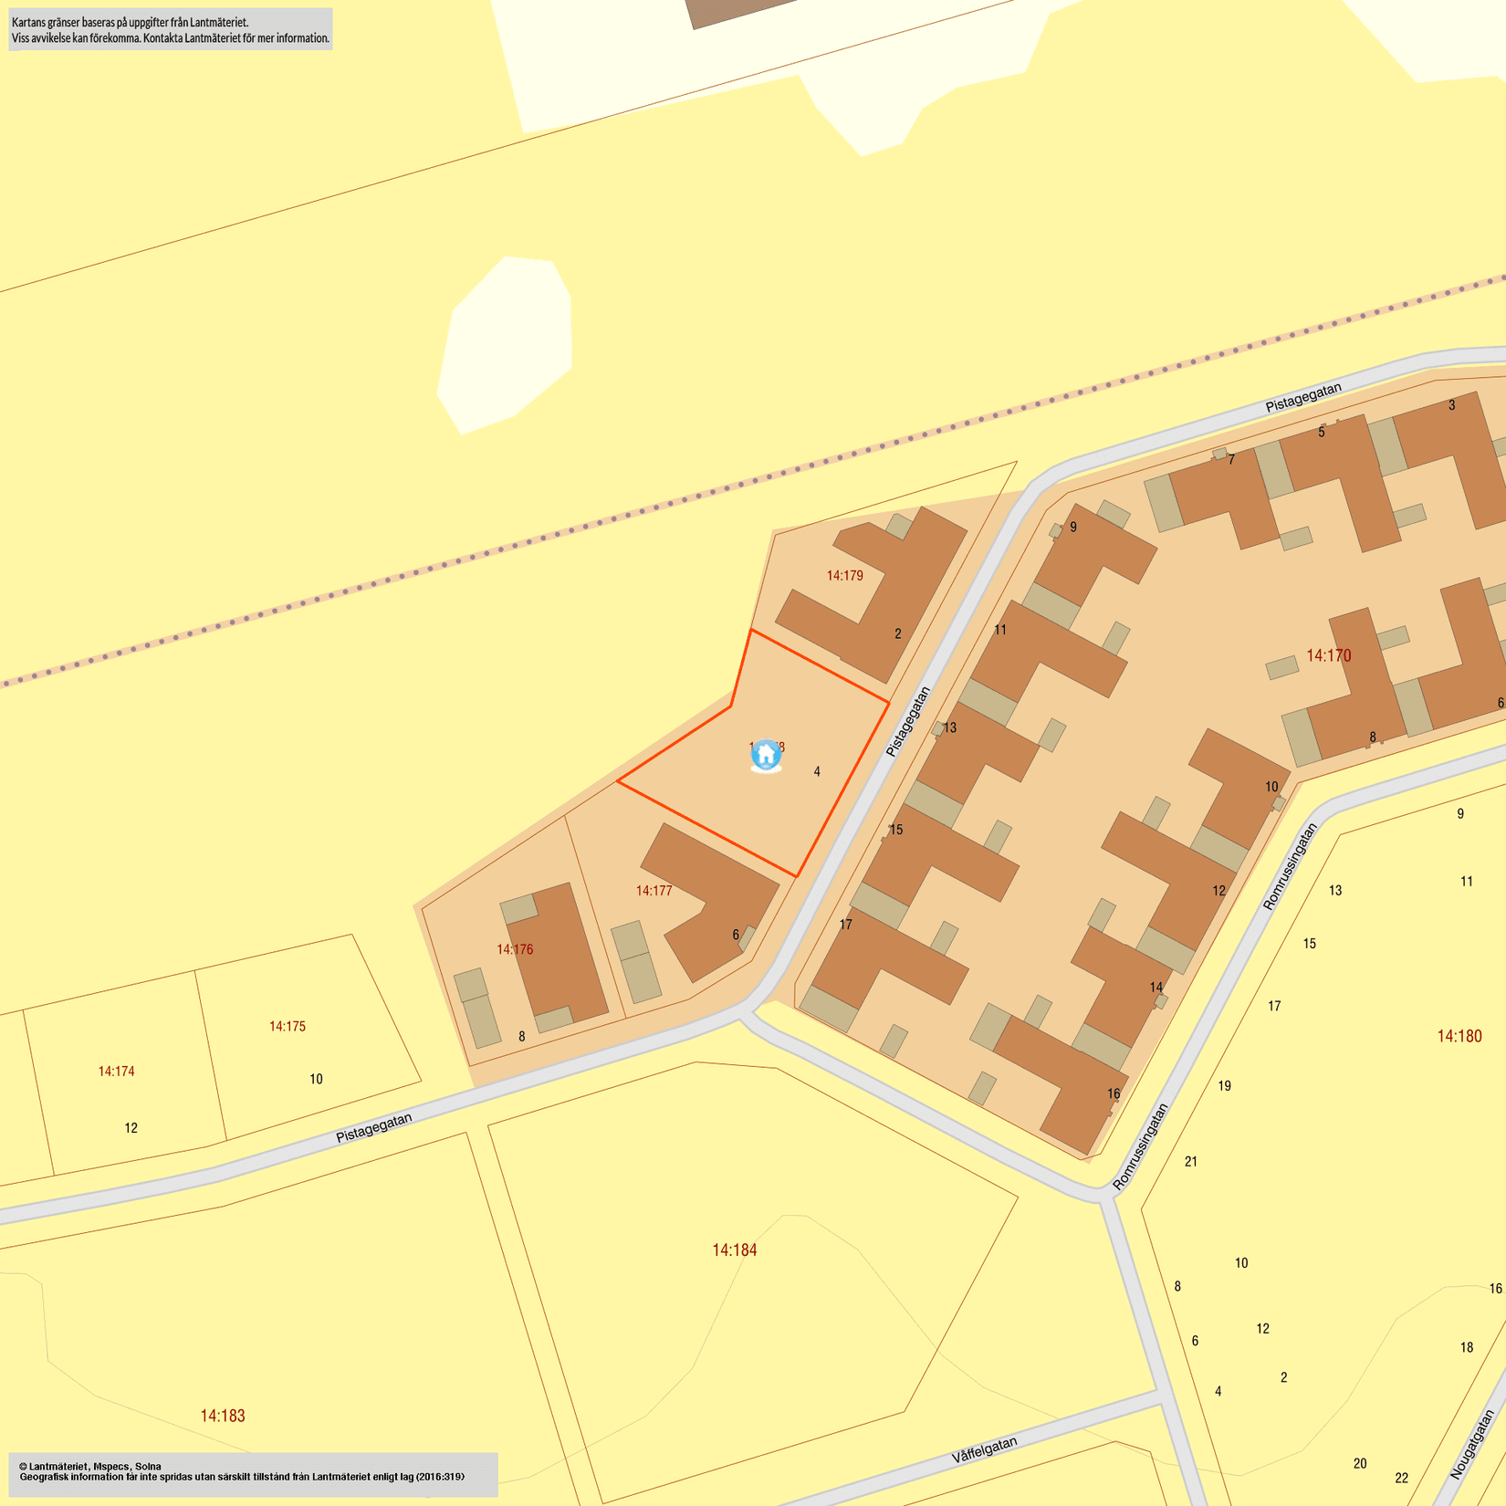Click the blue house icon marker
[x=766, y=755]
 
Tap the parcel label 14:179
[x=844, y=576]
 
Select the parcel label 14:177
[x=654, y=891]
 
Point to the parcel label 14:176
[x=515, y=949]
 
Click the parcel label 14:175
[x=287, y=1027]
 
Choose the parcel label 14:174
[x=116, y=1072]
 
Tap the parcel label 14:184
[x=734, y=1250]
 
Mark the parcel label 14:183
[x=223, y=1416]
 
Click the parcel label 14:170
[x=1328, y=655]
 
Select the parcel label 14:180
[x=1459, y=1036]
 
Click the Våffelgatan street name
[x=984, y=1450]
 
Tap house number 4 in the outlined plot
[x=817, y=771]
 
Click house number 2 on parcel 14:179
[x=898, y=633]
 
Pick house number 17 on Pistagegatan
[x=846, y=925]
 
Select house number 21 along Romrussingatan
[x=1191, y=1162]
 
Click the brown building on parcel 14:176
[x=562, y=954]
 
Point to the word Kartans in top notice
[x=30, y=22]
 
